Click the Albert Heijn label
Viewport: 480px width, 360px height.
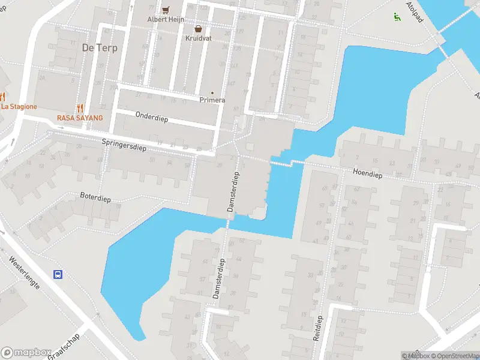[x=166, y=19]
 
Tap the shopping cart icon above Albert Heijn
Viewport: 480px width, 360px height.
[x=166, y=10]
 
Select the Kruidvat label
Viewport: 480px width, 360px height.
[x=198, y=38]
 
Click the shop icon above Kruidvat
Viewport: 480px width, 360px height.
[x=197, y=29]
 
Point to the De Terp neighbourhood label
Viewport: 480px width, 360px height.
[x=100, y=47]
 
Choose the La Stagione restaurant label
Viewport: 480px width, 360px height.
[x=19, y=106]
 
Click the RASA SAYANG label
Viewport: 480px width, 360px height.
[x=80, y=118]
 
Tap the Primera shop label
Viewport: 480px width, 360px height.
[x=212, y=100]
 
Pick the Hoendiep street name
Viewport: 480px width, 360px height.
[x=368, y=174]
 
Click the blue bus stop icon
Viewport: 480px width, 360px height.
[x=58, y=275]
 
